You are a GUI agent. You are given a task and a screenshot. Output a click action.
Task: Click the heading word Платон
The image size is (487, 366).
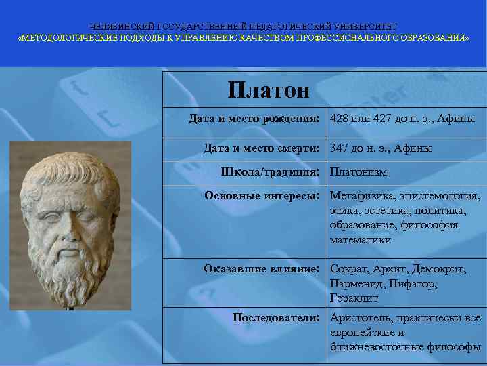(268, 89)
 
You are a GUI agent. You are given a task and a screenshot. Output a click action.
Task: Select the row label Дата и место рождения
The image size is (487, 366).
(254, 119)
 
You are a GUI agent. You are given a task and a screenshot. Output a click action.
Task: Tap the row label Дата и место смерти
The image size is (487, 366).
(261, 148)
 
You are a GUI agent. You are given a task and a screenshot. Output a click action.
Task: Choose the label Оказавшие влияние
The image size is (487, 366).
(261, 268)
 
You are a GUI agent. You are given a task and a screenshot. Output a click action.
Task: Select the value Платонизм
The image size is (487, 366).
(358, 172)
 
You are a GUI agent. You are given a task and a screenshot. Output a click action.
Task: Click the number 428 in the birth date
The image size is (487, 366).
(339, 119)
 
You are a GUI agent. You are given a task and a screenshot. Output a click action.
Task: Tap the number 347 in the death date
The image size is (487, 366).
(339, 148)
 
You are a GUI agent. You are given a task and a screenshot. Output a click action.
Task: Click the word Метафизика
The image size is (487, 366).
(362, 196)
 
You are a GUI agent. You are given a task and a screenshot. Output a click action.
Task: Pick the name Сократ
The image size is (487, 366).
(349, 269)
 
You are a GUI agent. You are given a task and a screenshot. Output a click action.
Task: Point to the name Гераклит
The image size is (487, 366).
(354, 298)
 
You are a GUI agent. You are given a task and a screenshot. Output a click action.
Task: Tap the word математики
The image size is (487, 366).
(361, 240)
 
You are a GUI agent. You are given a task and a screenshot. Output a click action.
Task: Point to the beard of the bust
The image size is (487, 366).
(68, 271)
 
